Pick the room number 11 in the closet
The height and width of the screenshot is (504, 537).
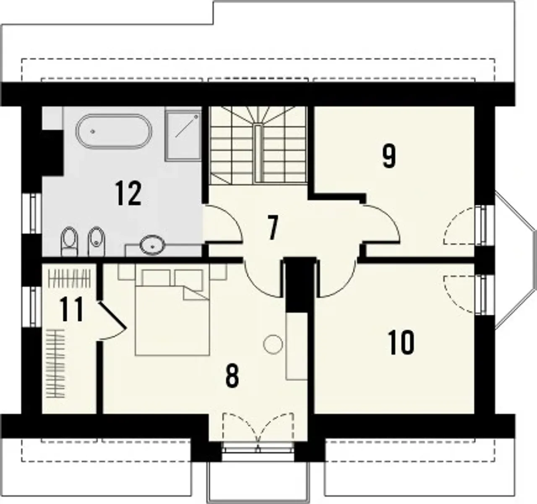click(x=71, y=309)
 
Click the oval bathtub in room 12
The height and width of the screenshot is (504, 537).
click(x=114, y=131)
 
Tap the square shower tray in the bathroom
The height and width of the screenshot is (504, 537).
click(x=184, y=136)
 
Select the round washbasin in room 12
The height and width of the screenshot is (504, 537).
click(x=152, y=245)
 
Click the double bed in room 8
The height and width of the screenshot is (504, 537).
click(x=172, y=312)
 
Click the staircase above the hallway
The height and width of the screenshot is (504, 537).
click(x=259, y=146)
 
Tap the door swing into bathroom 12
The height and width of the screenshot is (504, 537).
click(x=222, y=223)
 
